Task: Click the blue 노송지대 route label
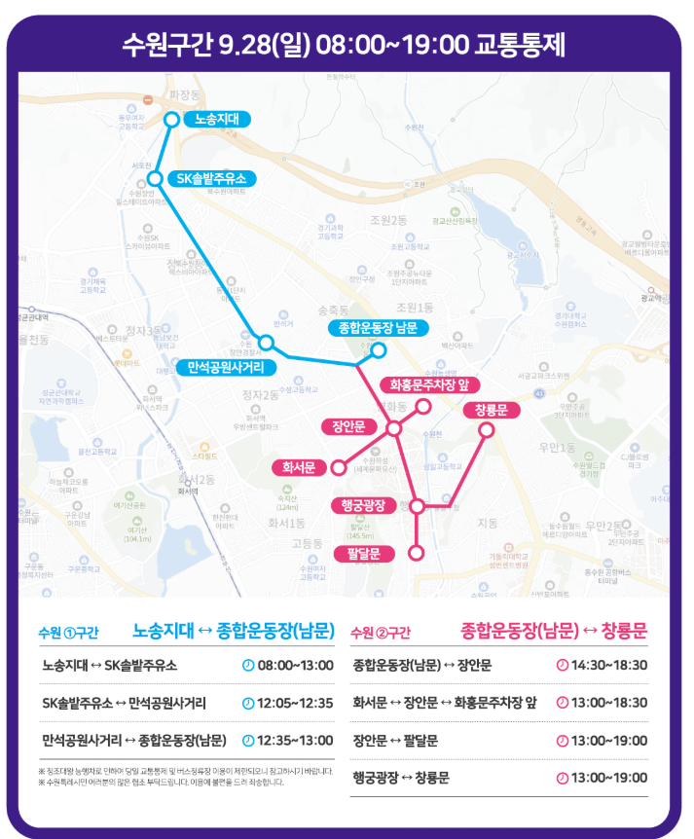[x=217, y=120]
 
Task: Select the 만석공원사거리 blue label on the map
[x=232, y=368]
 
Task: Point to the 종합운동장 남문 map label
[x=378, y=327]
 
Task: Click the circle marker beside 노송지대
[x=171, y=120]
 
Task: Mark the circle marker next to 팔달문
[x=416, y=553]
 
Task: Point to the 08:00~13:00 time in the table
[x=289, y=666]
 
